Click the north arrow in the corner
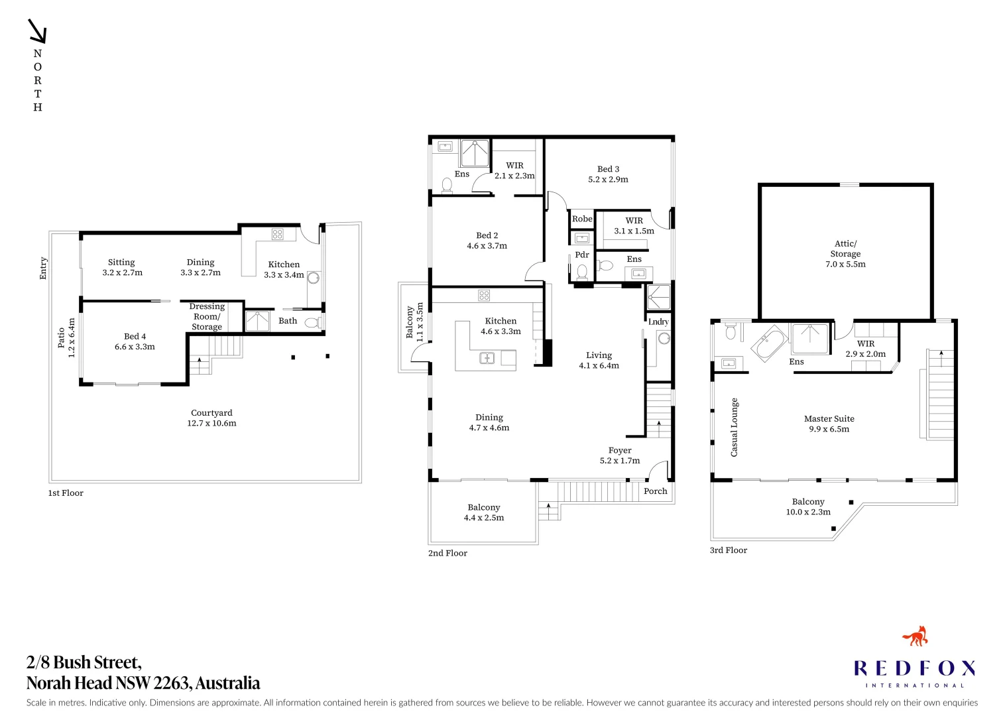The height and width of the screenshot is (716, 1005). (x=37, y=31)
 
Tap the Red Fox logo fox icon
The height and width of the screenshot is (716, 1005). (x=916, y=636)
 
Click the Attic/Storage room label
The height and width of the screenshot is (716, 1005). (x=845, y=253)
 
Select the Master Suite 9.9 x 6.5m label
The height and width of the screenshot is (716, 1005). (x=829, y=424)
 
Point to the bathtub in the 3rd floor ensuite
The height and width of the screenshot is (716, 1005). (x=769, y=343)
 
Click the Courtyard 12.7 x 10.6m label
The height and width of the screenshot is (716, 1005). (x=211, y=418)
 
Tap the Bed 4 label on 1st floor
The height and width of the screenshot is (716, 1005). (x=135, y=341)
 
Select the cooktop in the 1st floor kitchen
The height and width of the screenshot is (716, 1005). (x=277, y=234)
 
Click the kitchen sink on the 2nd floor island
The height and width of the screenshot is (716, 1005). (x=487, y=359)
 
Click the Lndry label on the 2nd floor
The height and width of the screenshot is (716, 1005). (x=658, y=322)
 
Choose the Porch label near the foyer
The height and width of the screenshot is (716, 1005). (x=655, y=491)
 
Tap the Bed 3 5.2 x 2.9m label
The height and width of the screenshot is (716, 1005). (x=608, y=174)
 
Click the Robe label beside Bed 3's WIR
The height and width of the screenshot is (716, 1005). (x=582, y=219)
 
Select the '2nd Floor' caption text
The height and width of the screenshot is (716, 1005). (x=447, y=553)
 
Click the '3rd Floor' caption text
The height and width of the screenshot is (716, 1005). (x=728, y=550)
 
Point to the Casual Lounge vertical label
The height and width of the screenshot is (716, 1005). (x=734, y=427)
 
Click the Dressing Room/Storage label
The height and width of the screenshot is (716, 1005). (x=207, y=316)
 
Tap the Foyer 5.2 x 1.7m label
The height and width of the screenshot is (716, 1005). (x=620, y=455)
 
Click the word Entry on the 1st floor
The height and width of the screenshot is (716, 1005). (x=43, y=268)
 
